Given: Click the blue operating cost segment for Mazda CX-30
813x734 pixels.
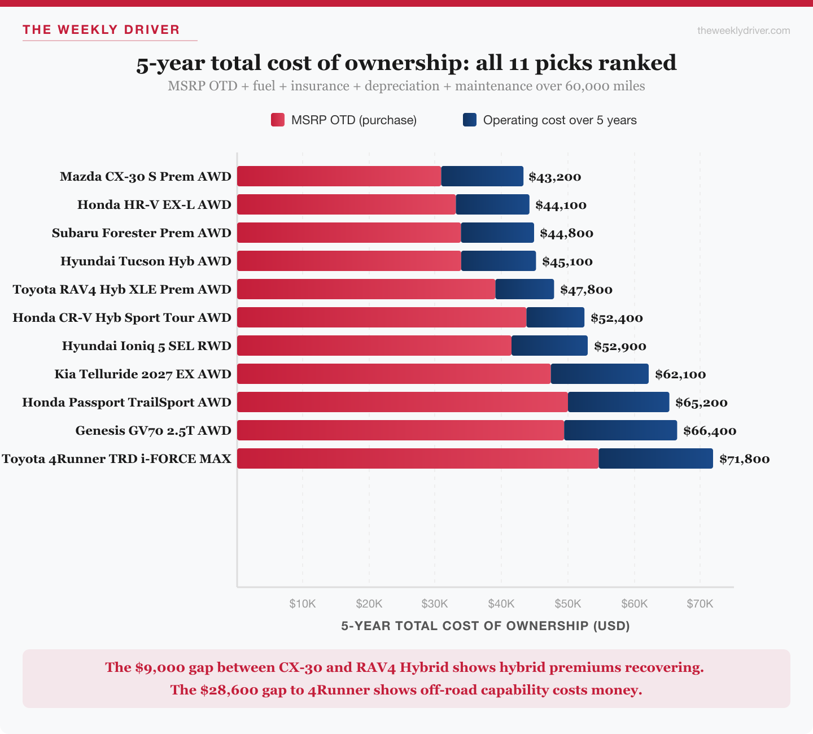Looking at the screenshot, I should [x=482, y=176].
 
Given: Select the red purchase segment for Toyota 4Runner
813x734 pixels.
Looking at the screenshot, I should [x=418, y=458].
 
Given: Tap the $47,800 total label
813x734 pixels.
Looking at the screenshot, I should [x=586, y=290].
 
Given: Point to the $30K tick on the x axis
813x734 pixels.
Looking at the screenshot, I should [x=435, y=604].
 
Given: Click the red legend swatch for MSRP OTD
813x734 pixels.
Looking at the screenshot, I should [x=278, y=120].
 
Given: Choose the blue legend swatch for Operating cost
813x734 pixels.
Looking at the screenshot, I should [x=470, y=120].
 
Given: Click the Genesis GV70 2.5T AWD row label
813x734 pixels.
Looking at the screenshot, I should [x=153, y=431].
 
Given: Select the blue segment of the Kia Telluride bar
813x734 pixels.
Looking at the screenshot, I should [x=600, y=374].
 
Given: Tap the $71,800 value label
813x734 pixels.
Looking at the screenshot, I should [x=744, y=459].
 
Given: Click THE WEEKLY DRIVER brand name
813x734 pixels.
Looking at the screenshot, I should [x=101, y=30].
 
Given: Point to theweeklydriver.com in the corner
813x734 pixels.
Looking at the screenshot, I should [x=744, y=30].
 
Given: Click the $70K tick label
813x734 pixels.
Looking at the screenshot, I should [x=700, y=604].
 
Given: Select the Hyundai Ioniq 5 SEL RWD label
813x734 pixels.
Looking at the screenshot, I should [x=146, y=346].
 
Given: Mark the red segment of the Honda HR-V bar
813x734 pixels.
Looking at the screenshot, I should [x=347, y=204].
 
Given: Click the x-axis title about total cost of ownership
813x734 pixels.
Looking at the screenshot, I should [x=486, y=626].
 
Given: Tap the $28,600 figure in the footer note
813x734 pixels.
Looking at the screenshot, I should [x=229, y=690].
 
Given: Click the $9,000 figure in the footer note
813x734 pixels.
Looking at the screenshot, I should [x=160, y=667].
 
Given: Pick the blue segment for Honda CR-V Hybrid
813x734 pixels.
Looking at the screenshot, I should [x=556, y=317].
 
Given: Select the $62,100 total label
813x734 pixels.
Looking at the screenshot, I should [x=680, y=374].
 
